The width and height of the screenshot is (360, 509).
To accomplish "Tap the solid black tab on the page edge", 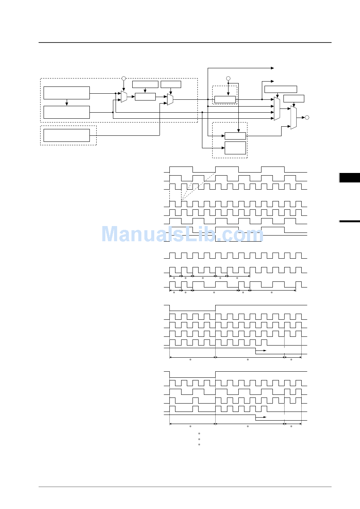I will click(x=349, y=178).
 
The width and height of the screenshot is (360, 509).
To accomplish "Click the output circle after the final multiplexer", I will click(x=307, y=118).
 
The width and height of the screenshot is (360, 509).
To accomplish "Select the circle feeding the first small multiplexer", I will click(x=124, y=79).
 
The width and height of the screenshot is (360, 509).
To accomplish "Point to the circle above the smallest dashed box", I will click(x=228, y=79).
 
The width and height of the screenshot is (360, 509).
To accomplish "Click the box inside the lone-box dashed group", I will click(x=67, y=135).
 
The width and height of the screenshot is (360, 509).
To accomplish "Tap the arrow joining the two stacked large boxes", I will click(x=67, y=103).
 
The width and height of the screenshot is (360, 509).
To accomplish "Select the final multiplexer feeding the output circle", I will click(x=294, y=118).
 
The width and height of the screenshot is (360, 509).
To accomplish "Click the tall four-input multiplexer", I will click(x=277, y=109).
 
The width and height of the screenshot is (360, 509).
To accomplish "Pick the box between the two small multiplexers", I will click(x=145, y=97).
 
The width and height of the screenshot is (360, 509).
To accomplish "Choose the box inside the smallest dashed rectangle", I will click(x=225, y=100).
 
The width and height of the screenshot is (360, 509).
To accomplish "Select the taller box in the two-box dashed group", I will click(x=235, y=148).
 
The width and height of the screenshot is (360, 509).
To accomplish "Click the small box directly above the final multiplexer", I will click(x=294, y=99).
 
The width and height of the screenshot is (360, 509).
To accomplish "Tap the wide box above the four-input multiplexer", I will click(x=280, y=90).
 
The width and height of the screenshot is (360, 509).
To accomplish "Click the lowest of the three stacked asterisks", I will click(x=199, y=445).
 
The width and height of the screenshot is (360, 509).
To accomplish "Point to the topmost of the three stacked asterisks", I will click(x=199, y=434).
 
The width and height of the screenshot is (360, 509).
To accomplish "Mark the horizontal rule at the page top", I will click(x=185, y=42).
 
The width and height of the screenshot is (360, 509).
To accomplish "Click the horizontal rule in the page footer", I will click(x=185, y=487).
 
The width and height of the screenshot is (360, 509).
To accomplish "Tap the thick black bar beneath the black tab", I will click(x=349, y=221).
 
